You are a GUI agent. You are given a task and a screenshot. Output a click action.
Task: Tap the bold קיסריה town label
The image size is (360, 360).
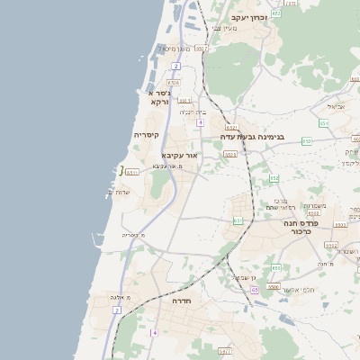pyautogui.click(x=146, y=136)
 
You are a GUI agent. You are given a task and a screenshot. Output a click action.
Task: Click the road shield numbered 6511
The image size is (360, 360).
pyautogui.click(x=133, y=172)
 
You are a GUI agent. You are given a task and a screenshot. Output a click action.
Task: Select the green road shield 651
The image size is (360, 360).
pyautogui.click(x=238, y=220)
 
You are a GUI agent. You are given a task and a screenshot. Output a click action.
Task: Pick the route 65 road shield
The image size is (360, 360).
pyautogui.click(x=255, y=291)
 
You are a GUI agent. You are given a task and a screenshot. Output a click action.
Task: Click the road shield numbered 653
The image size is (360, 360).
pyautogui.click(x=229, y=155)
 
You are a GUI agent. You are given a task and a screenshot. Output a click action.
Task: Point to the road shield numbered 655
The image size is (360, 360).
pyautogui.click(x=275, y=268)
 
